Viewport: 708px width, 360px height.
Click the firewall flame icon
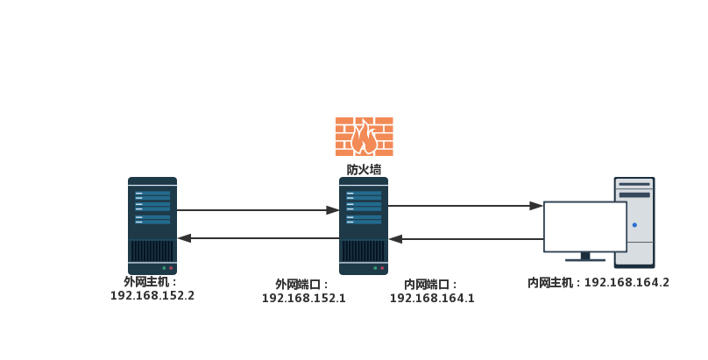point(364,137)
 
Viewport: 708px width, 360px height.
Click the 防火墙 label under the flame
point(364,170)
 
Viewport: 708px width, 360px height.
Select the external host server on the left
point(152,225)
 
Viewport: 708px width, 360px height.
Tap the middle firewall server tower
point(364,225)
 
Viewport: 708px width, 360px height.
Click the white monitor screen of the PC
point(584,227)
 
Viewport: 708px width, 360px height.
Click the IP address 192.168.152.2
point(152,296)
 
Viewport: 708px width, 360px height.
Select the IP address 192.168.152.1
point(304,299)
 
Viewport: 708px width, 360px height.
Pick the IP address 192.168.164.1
point(432,299)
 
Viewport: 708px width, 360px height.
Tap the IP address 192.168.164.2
point(627,283)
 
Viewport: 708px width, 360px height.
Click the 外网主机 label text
point(149,282)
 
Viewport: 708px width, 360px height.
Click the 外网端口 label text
point(301,285)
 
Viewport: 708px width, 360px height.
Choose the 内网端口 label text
point(428,285)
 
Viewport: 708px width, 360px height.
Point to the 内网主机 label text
point(552,283)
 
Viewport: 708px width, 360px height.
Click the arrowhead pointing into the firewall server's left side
point(332,210)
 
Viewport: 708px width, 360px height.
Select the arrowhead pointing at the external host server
point(184,238)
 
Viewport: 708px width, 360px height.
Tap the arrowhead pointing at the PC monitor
point(536,206)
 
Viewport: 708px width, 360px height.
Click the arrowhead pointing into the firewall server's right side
point(395,238)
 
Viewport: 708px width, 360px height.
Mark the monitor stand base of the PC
point(585,259)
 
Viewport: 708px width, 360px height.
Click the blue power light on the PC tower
point(634,225)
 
